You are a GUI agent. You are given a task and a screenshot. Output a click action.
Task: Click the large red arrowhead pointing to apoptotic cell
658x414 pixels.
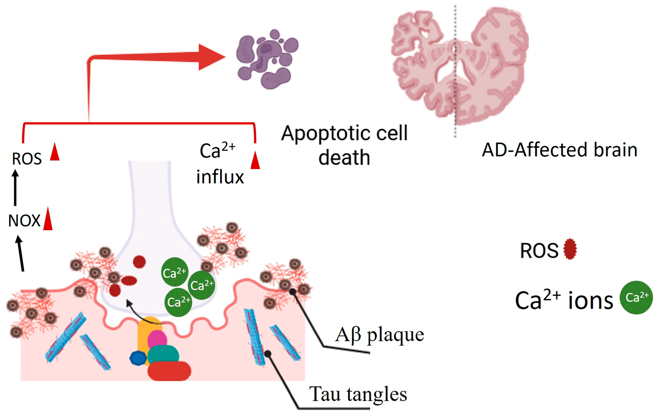coord(210,57)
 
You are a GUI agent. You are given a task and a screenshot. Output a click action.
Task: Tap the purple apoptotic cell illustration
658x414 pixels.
coord(266,59)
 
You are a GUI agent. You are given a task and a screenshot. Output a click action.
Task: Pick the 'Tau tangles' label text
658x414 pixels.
coord(358,394)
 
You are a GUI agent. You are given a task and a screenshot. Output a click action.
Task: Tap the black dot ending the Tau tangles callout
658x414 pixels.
coord(268,354)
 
